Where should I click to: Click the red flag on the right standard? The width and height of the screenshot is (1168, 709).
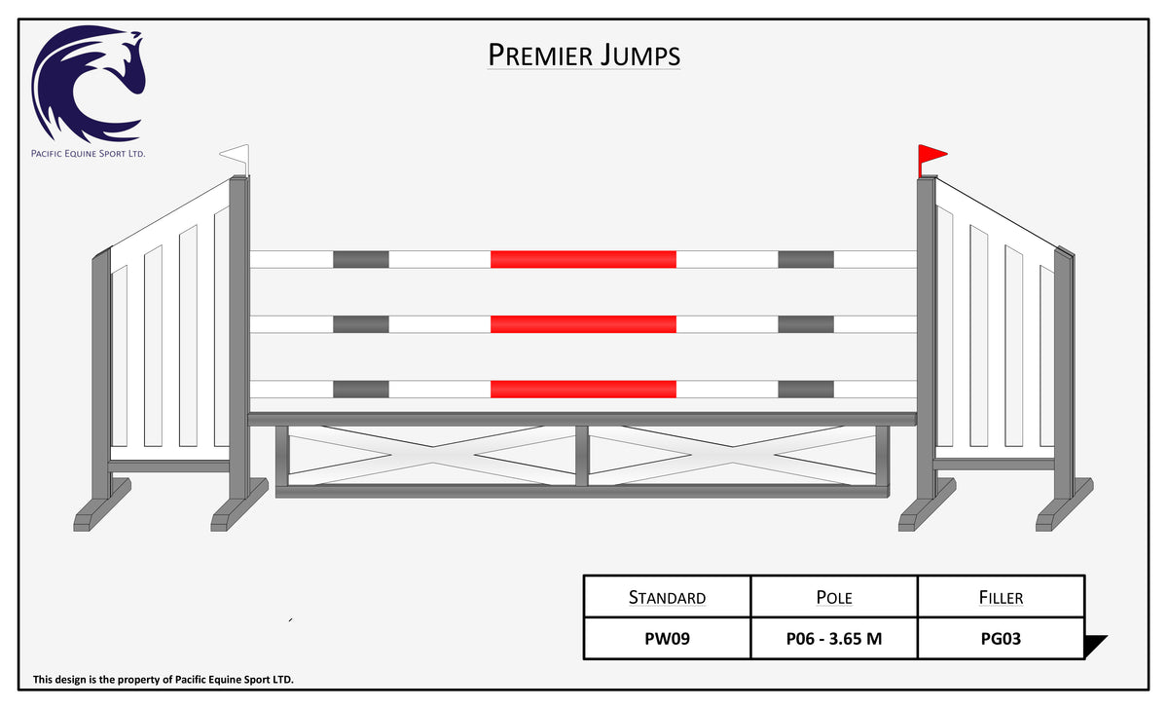931,157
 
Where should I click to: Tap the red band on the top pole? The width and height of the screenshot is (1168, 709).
583,259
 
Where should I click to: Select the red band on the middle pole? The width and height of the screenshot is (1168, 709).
583,324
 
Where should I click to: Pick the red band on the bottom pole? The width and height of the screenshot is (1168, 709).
583,390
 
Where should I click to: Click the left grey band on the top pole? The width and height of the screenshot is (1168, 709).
361,259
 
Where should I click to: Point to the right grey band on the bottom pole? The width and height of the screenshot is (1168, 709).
806,390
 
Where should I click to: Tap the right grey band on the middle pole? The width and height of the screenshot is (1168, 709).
806,324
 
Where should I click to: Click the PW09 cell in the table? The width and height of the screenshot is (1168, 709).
667,639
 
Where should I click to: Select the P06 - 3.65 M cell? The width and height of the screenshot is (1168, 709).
834,639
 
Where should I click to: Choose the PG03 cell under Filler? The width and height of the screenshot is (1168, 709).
1001,639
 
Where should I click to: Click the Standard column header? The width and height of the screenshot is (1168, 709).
667,597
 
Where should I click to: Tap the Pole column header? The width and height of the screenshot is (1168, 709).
834,597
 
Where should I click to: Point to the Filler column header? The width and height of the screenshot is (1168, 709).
1001,597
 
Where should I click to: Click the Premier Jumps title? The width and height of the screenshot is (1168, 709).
583,56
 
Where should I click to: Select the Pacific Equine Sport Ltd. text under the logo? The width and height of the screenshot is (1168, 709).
89,153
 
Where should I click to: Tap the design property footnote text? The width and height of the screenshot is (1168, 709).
164,679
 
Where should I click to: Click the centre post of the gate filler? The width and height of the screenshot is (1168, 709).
582,456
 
